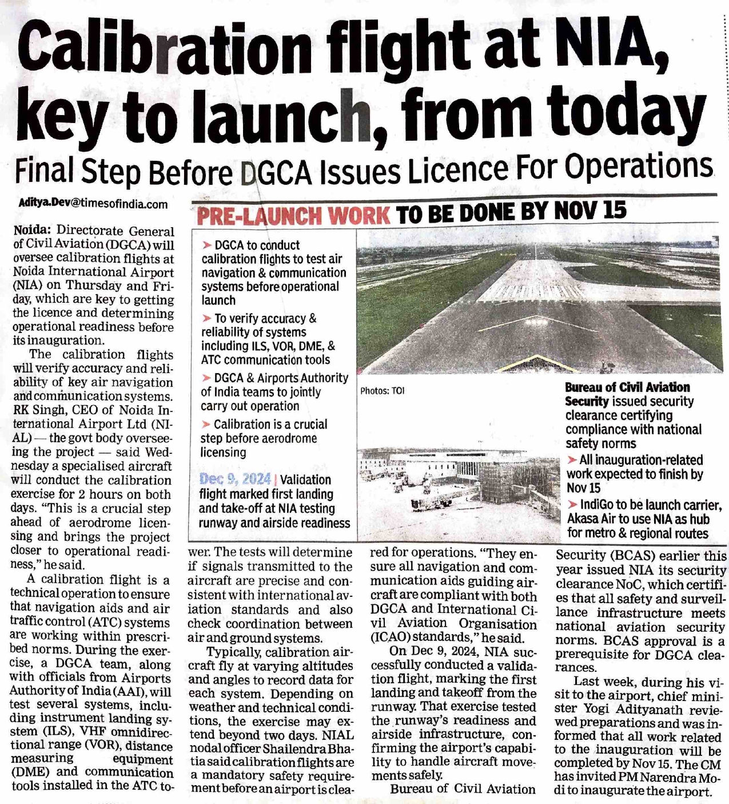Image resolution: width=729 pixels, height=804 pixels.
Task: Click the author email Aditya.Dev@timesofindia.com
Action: click(94, 203)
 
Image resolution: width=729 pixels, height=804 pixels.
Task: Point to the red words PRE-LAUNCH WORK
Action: click(293, 216)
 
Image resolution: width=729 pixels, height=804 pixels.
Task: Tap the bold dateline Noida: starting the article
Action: click(32, 231)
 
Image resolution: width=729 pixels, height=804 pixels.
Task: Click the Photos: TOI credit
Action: click(382, 391)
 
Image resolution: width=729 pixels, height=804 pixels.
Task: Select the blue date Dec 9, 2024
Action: click(234, 479)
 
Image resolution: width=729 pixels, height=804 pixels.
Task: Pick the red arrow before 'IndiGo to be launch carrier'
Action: click(572, 505)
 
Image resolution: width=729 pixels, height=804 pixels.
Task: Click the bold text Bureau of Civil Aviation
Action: click(627, 387)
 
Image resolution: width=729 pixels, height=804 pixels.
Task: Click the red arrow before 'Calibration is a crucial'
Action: click(206, 424)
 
